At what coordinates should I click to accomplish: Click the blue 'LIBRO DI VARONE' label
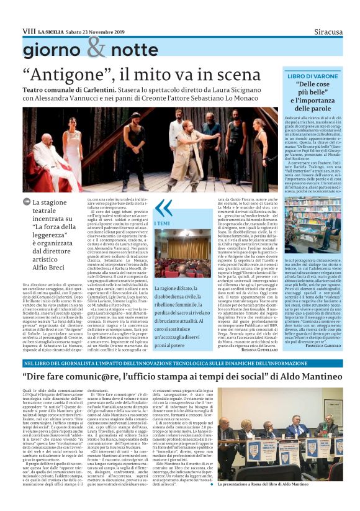tap(320, 75)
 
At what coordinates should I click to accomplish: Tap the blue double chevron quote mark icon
tap(163, 207)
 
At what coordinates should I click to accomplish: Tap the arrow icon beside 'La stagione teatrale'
tap(26, 202)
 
